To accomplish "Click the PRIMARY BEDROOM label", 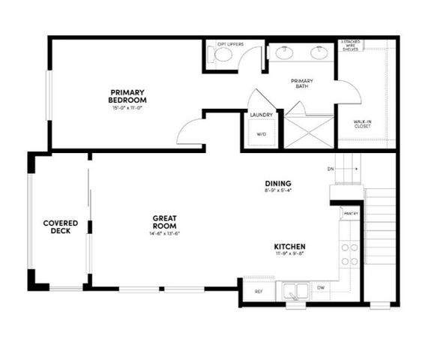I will pos(127,96).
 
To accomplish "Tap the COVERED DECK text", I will pos(61,226).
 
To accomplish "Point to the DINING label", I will pos(277,183).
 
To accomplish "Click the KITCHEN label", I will pos(289,246).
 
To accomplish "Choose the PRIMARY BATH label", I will pos(302,83).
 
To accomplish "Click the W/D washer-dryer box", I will pos(261,133).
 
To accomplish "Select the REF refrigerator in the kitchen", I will pos(259,290).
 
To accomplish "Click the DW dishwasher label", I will pos(320,287).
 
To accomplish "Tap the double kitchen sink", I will pos(295,289).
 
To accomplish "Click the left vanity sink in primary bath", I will pos(284,53).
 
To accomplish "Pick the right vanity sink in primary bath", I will pos(319,53).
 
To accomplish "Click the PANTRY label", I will pos(350,213).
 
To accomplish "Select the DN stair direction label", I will pos(331,169).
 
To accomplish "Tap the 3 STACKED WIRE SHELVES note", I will pos(352,45).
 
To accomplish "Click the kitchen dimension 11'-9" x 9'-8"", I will pos(289,254).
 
